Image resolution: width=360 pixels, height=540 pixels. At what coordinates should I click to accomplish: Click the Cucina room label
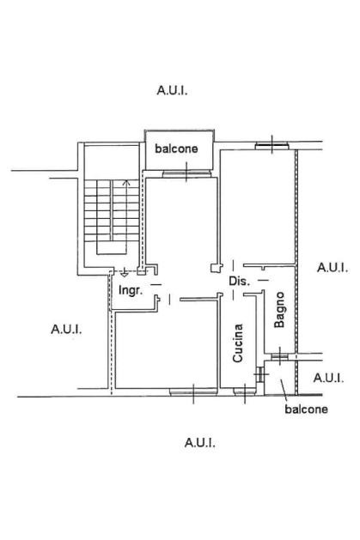click(x=238, y=343)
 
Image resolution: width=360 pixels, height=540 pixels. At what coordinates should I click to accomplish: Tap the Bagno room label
click(x=279, y=310)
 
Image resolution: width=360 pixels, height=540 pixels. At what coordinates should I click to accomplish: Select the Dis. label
click(x=239, y=281)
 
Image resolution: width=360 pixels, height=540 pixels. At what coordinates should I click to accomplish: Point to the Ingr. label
click(x=131, y=290)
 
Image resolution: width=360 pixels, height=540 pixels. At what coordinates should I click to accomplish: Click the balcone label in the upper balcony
click(x=176, y=149)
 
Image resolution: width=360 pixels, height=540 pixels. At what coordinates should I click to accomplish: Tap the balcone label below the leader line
click(x=306, y=410)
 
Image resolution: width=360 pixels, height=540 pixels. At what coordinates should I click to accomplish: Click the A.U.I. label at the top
click(x=172, y=91)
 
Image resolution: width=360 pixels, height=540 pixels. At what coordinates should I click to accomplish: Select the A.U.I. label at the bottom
click(x=200, y=442)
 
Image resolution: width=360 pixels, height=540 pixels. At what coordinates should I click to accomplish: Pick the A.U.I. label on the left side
click(x=66, y=329)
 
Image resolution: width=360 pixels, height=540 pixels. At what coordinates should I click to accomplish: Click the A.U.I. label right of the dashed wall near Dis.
click(x=333, y=268)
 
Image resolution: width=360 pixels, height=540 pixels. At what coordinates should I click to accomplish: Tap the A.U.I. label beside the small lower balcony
click(x=328, y=378)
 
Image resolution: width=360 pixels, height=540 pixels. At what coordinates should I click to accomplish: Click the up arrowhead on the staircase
click(x=127, y=182)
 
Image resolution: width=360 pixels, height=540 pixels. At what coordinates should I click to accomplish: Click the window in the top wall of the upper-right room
click(x=272, y=146)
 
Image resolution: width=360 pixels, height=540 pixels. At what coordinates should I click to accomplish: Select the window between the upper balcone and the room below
click(x=186, y=173)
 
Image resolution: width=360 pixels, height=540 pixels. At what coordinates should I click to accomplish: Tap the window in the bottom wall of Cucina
click(x=245, y=391)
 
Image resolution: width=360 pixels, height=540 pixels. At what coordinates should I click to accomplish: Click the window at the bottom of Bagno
click(x=280, y=356)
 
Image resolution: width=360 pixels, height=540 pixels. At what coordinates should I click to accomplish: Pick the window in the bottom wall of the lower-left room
click(x=193, y=391)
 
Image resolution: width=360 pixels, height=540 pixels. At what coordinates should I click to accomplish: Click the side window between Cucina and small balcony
click(x=260, y=374)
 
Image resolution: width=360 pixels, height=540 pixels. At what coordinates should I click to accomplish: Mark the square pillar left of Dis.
click(x=215, y=268)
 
